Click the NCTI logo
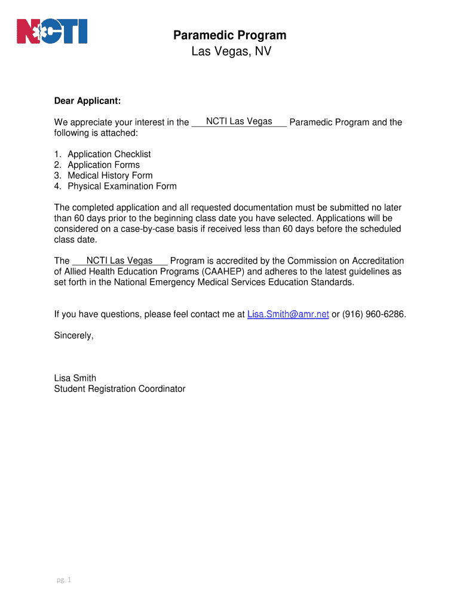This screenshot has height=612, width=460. pos(52,31)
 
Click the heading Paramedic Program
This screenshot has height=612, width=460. pos(230,35)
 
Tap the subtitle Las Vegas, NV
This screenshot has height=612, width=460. pos(231,52)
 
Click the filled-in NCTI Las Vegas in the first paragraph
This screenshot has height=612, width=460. pos(239,121)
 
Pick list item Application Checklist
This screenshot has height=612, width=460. pos(109,154)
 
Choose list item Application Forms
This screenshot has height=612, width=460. pos(103,165)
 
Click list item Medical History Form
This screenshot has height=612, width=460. pos(110,176)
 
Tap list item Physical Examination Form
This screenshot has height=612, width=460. pos(122,186)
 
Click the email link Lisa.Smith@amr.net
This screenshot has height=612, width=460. pos(288,314)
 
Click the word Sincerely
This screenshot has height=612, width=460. pos(73,335)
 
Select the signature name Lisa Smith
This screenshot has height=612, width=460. pos(75,378)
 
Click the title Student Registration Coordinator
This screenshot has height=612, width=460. pos(119,389)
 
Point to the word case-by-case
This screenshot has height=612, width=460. pos(145,229)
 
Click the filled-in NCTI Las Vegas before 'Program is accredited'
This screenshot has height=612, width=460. pos(119,261)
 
